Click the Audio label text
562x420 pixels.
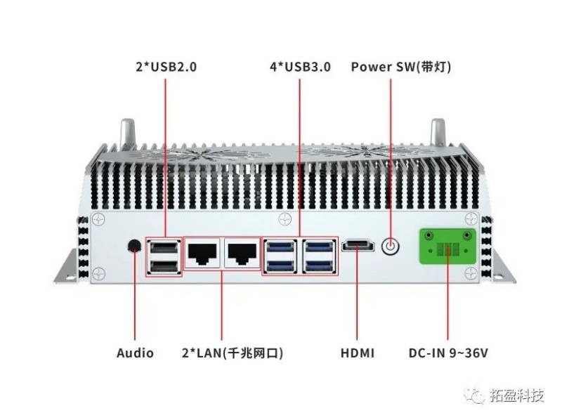tap(135, 353)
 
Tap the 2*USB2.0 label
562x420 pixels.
tap(166, 68)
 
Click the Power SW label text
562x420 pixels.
tap(401, 67)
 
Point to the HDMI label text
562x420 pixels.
tap(358, 353)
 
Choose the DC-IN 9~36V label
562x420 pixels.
tap(448, 353)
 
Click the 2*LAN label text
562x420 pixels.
tap(223, 353)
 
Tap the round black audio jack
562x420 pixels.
tap(134, 245)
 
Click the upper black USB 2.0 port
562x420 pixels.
tap(164, 247)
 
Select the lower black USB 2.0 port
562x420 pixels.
tap(164, 266)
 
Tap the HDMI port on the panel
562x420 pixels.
tap(358, 246)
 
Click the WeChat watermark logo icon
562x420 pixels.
tap(479, 396)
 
